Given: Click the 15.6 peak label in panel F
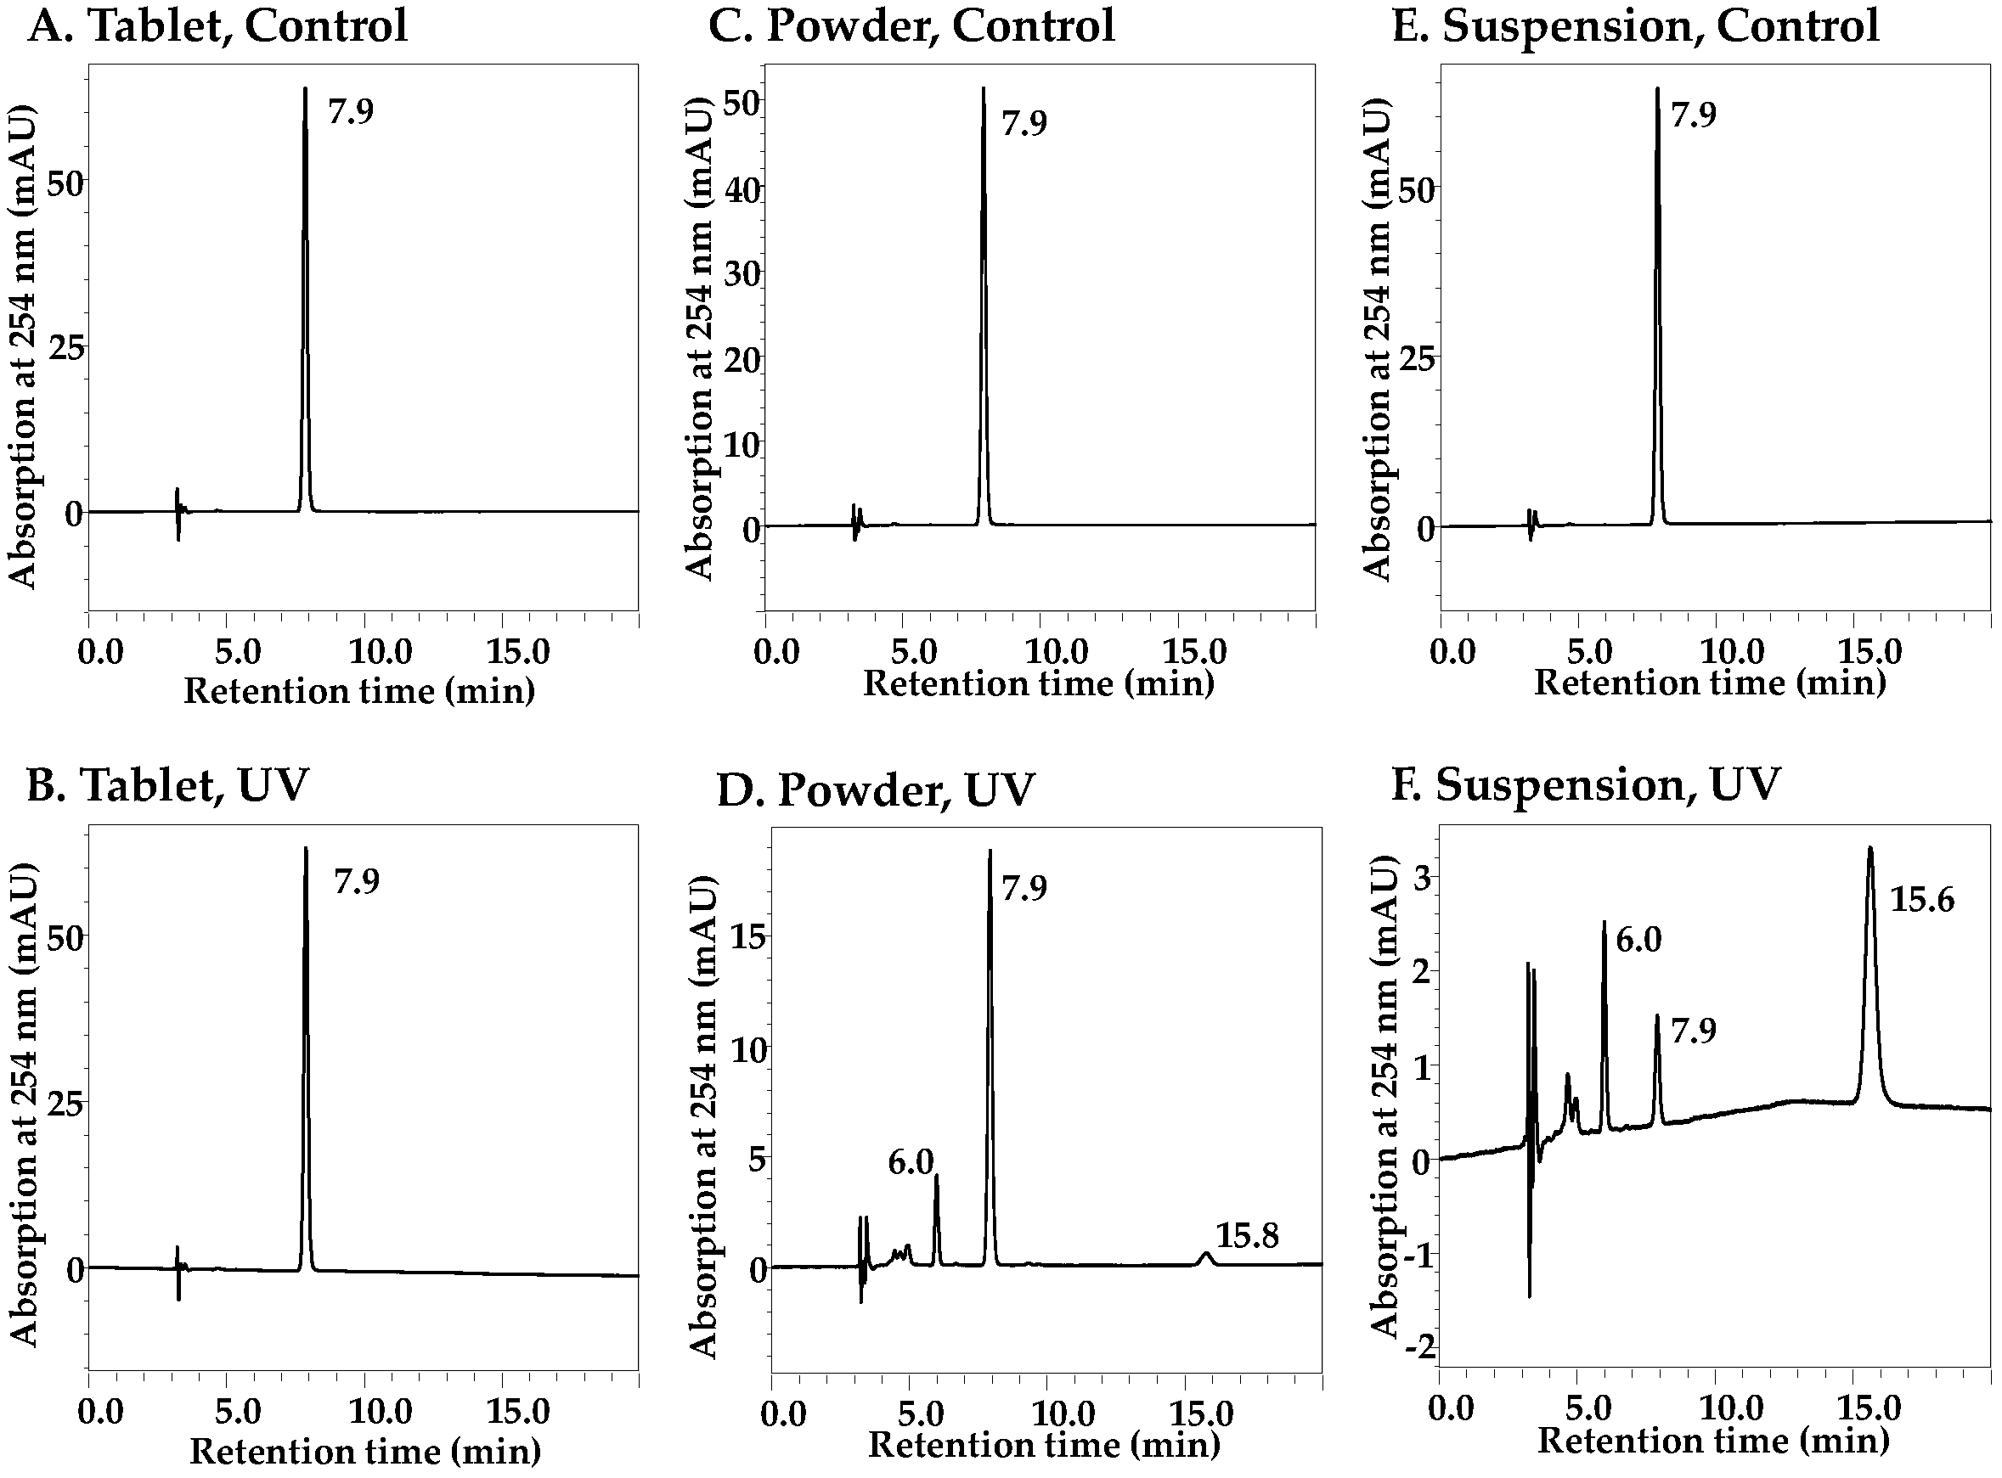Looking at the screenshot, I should click(x=1921, y=899).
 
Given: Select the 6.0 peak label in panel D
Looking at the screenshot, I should click(x=911, y=1162).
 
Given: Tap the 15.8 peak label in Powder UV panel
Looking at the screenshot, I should click(x=1247, y=1236).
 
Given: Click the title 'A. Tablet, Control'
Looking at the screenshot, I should click(x=217, y=25).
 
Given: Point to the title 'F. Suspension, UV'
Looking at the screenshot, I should click(x=1585, y=784).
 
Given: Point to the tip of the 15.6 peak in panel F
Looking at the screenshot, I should click(x=1869, y=847).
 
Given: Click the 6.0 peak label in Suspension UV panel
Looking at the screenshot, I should click(x=1638, y=940).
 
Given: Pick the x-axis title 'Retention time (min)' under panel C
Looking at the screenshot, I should click(x=1038, y=683).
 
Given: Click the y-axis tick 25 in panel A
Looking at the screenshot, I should click(x=66, y=347).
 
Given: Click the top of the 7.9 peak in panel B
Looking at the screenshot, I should click(x=305, y=848).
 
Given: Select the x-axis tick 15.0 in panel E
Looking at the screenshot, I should click(x=1869, y=650).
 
